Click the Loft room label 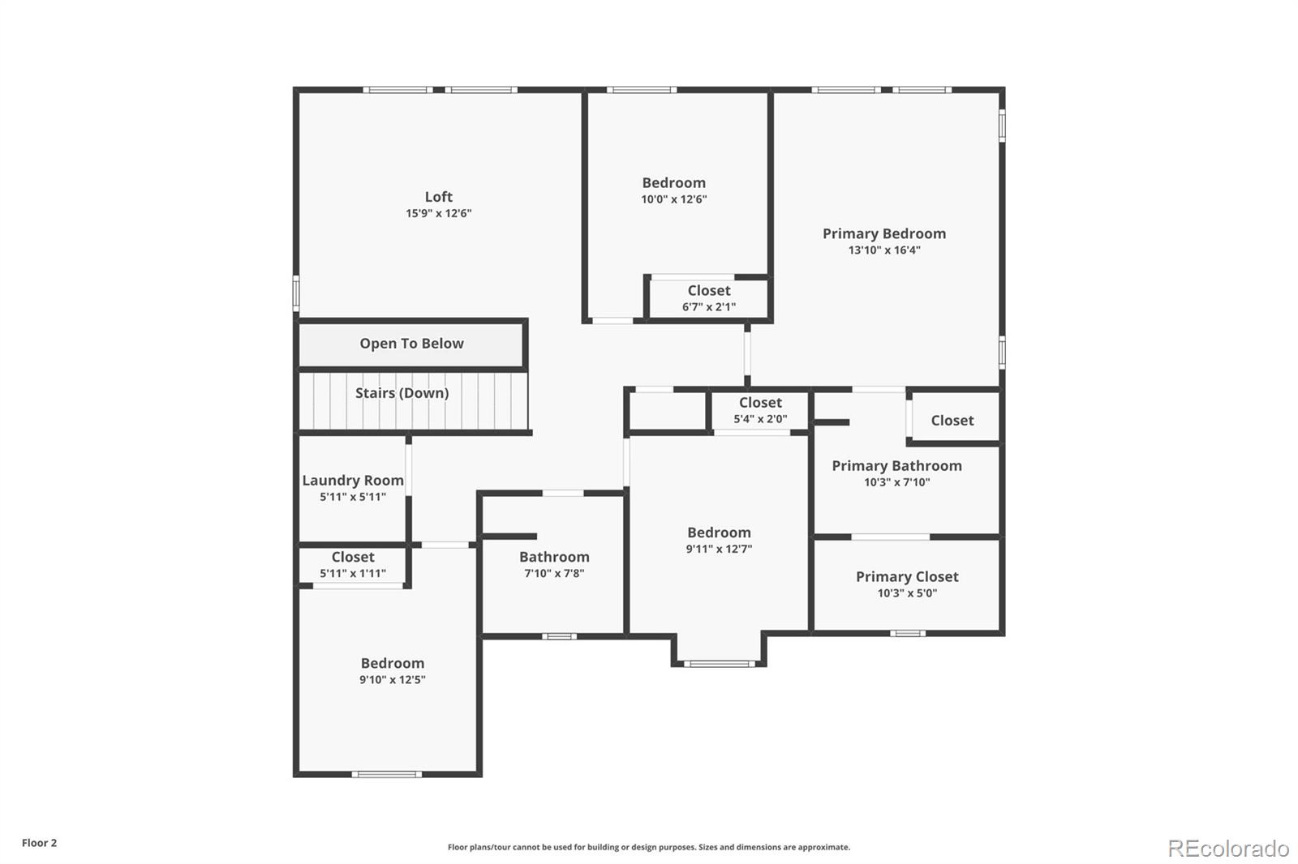click(x=438, y=197)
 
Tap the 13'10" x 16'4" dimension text click(x=884, y=250)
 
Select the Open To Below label click(x=411, y=344)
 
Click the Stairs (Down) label click(x=402, y=393)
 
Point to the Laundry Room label click(x=352, y=481)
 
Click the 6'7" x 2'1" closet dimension click(x=708, y=307)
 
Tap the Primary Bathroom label click(x=896, y=466)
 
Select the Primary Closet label click(x=907, y=577)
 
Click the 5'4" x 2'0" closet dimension click(x=760, y=419)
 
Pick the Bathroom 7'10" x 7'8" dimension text click(x=554, y=574)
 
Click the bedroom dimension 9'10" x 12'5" click(x=393, y=680)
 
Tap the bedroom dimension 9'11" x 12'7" click(x=719, y=549)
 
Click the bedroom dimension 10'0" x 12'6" click(x=673, y=199)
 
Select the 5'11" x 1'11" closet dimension click(x=352, y=574)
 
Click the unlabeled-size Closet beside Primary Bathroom click(x=952, y=421)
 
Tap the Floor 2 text click(x=39, y=843)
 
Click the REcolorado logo click(x=1228, y=849)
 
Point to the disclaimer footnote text click(x=649, y=847)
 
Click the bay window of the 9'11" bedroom click(x=719, y=664)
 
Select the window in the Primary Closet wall click(x=907, y=633)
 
